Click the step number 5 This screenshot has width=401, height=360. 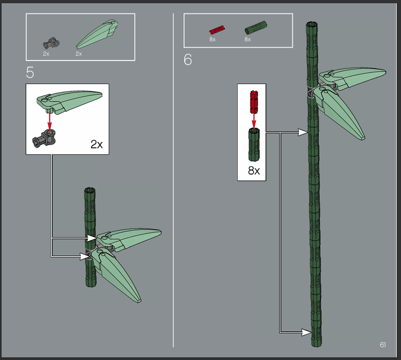(x=30, y=72)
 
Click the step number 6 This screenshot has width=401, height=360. (x=188, y=59)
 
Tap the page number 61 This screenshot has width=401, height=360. (x=383, y=345)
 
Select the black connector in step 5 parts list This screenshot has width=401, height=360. (x=51, y=43)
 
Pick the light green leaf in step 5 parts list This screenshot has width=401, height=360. (x=97, y=34)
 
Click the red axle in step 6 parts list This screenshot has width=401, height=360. (x=217, y=30)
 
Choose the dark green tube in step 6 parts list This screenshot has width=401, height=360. (x=256, y=27)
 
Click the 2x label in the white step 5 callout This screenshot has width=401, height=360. (x=96, y=144)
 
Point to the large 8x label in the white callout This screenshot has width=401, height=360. (x=254, y=170)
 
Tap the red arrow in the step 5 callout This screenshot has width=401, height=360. (x=50, y=121)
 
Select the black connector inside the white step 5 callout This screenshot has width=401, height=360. (x=44, y=138)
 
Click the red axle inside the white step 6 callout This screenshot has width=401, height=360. (x=254, y=102)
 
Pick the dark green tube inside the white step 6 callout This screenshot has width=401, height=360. (x=254, y=145)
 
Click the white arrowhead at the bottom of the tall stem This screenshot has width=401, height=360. (x=306, y=332)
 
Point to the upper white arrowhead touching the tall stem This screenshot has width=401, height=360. (x=303, y=132)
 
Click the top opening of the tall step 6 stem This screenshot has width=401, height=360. (x=312, y=25)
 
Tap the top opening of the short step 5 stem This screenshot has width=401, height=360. (x=90, y=190)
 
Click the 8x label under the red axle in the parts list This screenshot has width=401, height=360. (x=213, y=40)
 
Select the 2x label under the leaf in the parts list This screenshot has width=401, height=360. (x=79, y=54)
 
